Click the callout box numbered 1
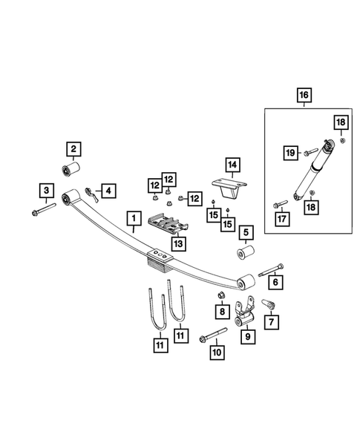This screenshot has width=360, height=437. click(x=134, y=219)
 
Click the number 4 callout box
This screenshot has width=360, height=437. click(x=108, y=191)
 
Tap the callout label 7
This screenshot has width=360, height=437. click(x=269, y=321)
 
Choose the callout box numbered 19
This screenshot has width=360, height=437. click(x=290, y=152)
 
